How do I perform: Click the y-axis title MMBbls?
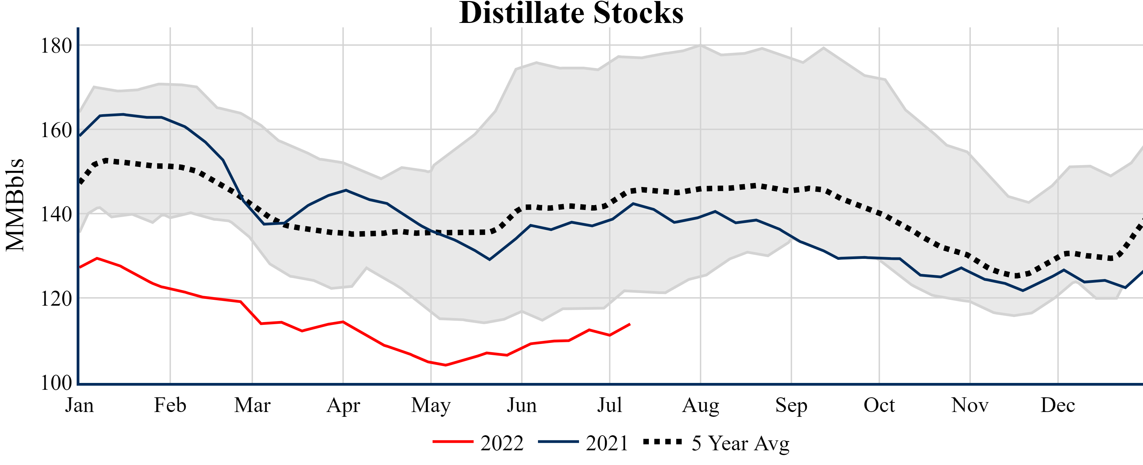[15, 205]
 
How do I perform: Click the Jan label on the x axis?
[79, 405]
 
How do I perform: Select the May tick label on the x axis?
[431, 405]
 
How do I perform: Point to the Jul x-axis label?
[610, 405]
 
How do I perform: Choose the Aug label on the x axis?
[701, 405]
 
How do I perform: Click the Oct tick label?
[879, 405]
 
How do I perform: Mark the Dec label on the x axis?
[1058, 405]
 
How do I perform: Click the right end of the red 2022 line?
[630, 324]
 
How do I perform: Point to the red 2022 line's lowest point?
[446, 365]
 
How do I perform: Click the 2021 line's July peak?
[633, 203]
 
